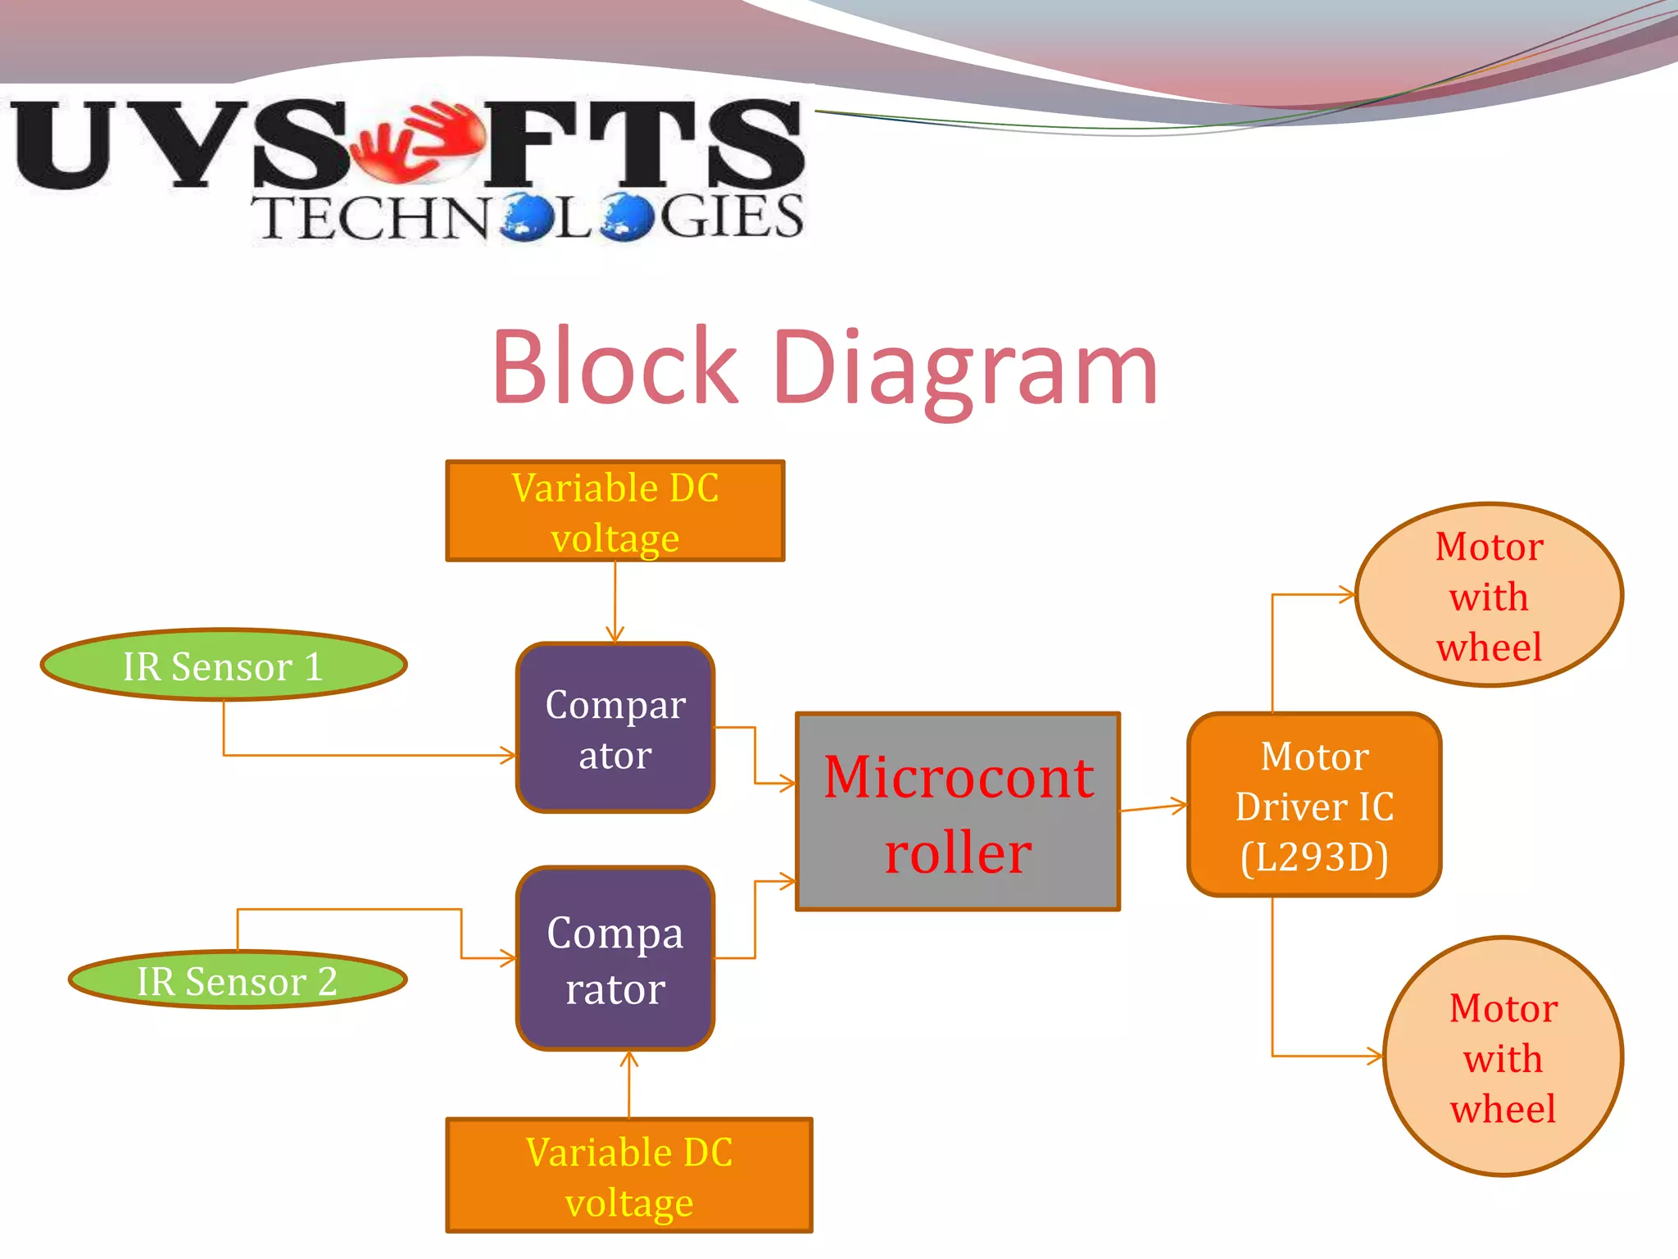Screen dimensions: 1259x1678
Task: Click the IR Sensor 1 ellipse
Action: tap(223, 665)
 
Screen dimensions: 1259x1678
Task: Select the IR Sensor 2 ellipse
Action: tap(238, 980)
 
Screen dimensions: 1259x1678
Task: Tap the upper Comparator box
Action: tap(615, 728)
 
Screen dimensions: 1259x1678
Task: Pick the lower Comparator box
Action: tap(615, 958)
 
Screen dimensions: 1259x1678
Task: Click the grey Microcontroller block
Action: tap(958, 811)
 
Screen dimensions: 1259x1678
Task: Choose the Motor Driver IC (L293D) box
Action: tap(1314, 805)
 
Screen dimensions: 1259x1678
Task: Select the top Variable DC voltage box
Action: tap(615, 511)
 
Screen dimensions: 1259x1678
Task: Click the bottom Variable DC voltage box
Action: tap(629, 1175)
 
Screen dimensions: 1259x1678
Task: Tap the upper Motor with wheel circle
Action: tap(1489, 595)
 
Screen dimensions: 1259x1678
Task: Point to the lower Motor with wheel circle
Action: tap(1503, 1057)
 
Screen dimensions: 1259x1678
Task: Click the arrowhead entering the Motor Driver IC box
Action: tap(1181, 806)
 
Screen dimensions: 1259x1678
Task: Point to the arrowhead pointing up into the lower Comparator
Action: tap(629, 1059)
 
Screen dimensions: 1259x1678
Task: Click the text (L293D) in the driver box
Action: tap(1314, 857)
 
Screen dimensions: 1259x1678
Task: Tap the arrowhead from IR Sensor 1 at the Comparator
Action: tap(509, 756)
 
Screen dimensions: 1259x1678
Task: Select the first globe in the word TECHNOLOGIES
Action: tap(528, 217)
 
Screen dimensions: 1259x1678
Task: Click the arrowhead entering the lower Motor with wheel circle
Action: tap(1376, 1056)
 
